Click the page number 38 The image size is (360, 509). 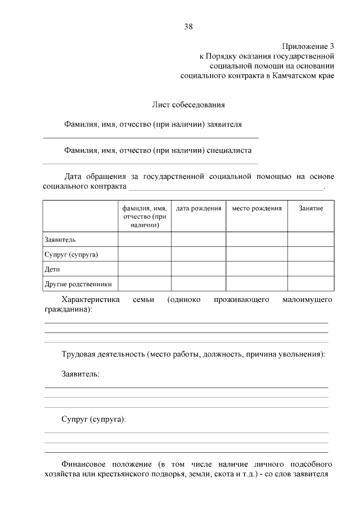(188, 26)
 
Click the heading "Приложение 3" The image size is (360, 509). (308, 47)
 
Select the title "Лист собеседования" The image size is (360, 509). (188, 105)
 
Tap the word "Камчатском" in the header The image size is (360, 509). (292, 75)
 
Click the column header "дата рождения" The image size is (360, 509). (199, 209)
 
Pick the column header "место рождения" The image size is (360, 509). (256, 209)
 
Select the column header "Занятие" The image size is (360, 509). (311, 209)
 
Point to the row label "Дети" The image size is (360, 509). (52, 269)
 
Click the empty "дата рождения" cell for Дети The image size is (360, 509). (199, 269)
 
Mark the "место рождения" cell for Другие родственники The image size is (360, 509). (256, 284)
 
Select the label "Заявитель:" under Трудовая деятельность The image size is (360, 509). (80, 375)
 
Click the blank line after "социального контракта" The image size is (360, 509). (226, 188)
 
